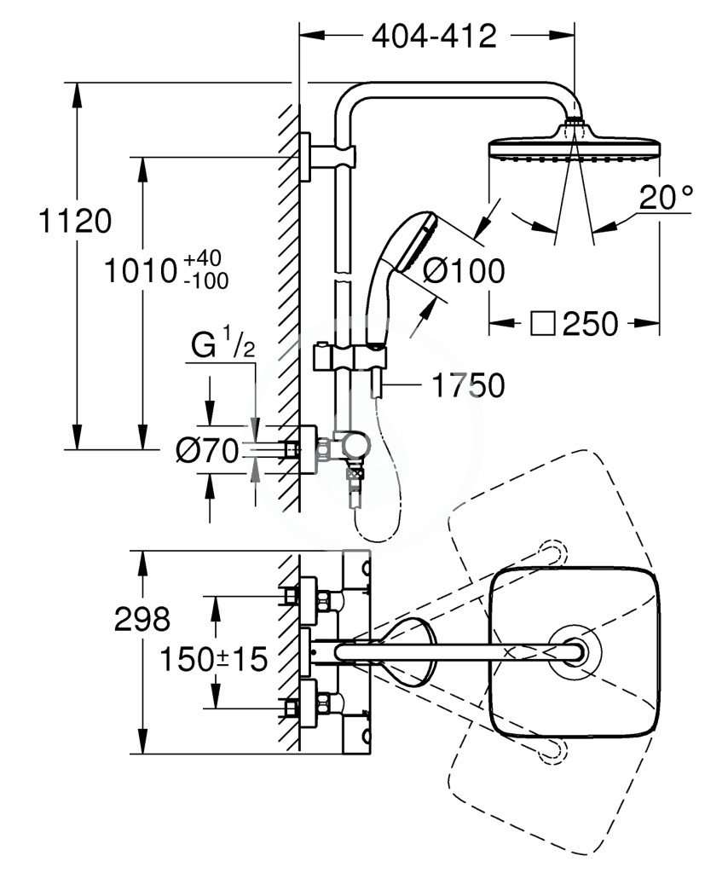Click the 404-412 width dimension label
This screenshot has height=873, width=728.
pyautogui.click(x=434, y=37)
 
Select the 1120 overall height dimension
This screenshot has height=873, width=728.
pyautogui.click(x=75, y=221)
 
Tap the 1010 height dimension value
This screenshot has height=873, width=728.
pyautogui.click(x=141, y=271)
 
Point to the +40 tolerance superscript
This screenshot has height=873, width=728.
pyautogui.click(x=203, y=258)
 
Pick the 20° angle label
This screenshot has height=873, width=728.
pyautogui.click(x=667, y=197)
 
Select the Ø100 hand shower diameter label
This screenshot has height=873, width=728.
pyautogui.click(x=464, y=271)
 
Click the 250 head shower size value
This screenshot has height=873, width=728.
pyautogui.click(x=590, y=323)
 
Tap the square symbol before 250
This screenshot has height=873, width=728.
pyautogui.click(x=543, y=323)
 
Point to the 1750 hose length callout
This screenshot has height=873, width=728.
pyautogui.click(x=468, y=385)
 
